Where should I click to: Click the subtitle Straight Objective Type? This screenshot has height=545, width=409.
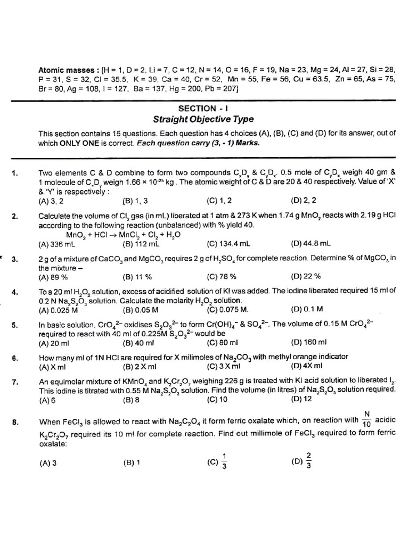[203, 119]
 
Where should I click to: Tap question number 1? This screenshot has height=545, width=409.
[15, 172]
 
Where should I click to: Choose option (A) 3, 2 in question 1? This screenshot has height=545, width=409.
[51, 201]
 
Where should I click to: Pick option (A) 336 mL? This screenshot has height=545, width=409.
[57, 244]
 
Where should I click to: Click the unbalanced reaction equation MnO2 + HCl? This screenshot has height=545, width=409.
[123, 234]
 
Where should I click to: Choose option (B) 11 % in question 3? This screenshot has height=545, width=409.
[137, 277]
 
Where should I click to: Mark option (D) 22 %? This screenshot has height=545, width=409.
[306, 276]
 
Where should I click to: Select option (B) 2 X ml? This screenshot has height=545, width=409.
[140, 366]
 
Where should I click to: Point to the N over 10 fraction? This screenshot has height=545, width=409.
[366, 419]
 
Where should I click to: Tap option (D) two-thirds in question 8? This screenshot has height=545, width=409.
[303, 461]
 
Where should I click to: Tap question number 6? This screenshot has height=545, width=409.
[15, 357]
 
